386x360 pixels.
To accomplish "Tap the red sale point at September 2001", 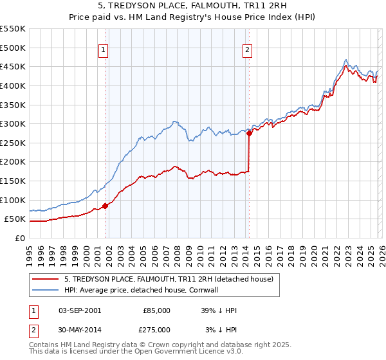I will (106, 206).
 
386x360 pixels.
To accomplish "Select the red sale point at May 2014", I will (249, 134).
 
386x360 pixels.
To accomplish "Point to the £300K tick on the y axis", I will (14, 123).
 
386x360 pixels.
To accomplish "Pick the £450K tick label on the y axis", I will (14, 66).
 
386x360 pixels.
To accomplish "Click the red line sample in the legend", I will (45, 279).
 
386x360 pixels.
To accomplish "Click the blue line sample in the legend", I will (45, 290).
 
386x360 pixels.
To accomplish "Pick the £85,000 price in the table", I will (157, 310).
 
